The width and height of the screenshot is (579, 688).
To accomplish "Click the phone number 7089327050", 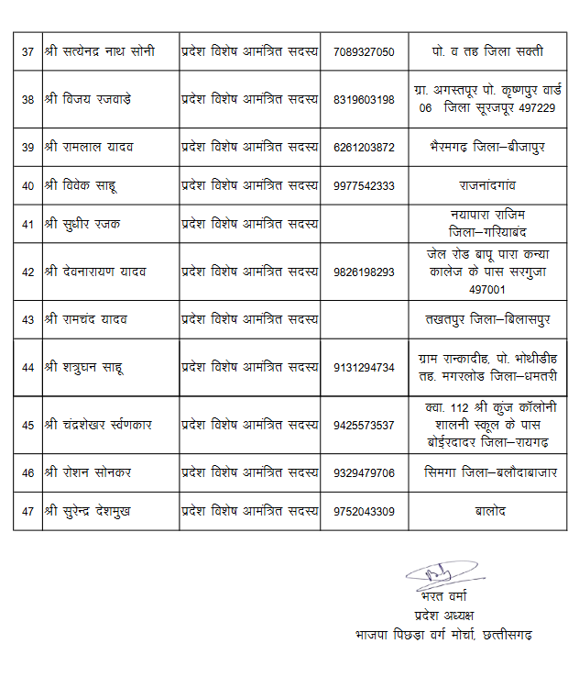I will click(365, 51).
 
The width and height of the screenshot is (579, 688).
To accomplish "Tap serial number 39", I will click(27, 148).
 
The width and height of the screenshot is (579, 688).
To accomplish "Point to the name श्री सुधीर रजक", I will click(83, 224).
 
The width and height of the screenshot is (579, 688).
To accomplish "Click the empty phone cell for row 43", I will click(365, 319).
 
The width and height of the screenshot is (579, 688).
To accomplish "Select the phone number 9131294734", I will click(365, 367).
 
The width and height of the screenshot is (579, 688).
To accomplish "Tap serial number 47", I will click(27, 511).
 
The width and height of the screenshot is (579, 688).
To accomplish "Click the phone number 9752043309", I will click(365, 511).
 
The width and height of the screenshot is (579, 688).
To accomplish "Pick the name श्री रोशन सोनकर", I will click(88, 472).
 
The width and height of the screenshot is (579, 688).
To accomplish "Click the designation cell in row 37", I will click(249, 51).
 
